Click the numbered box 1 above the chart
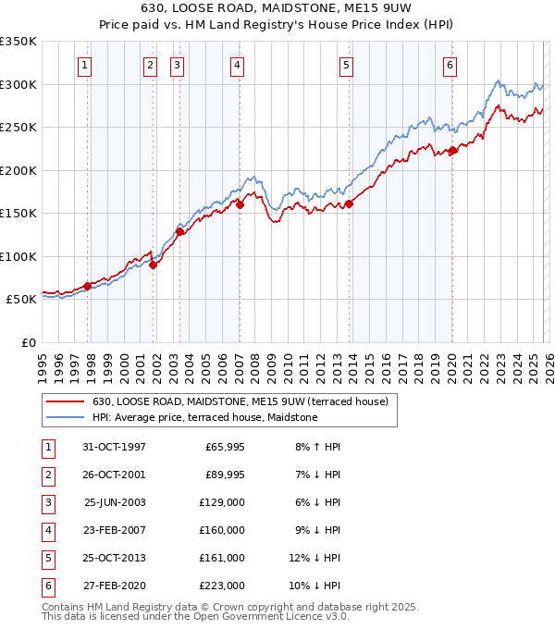pos(84,65)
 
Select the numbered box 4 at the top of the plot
pos(238,65)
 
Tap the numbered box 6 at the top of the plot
pos(450,65)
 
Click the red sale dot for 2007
pos(240,205)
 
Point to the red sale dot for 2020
pos(452,152)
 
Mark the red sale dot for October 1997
pos(88,286)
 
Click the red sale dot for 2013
pos(349,204)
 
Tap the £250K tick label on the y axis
pos(18,128)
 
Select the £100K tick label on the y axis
pos(18,256)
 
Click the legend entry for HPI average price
pos(204,418)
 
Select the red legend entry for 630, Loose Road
pos(245,401)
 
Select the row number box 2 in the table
pos(47,475)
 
